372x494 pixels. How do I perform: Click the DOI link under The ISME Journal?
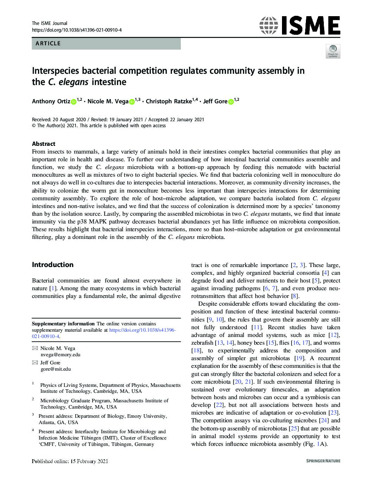[77, 30]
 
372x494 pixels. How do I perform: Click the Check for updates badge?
[333, 51]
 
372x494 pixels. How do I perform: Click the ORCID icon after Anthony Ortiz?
[73, 102]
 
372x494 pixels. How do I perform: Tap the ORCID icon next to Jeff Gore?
[231, 102]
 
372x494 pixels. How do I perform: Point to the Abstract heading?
[44, 144]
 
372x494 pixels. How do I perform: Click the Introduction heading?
[53, 265]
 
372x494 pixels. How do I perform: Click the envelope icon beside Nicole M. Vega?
[34, 348]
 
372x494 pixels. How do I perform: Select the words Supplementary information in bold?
[63, 324]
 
